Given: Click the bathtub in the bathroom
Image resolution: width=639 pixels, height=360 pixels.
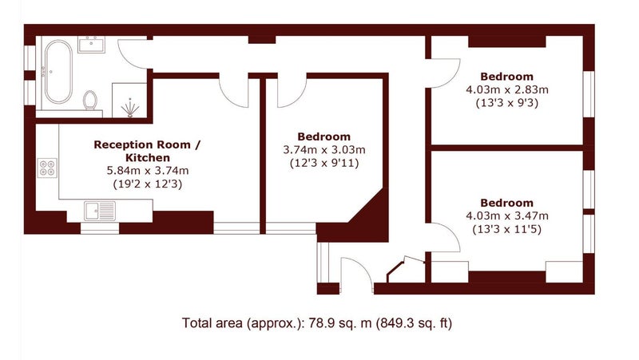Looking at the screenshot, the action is tap(58, 72).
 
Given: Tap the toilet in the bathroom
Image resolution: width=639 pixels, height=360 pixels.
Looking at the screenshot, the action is tap(90, 101).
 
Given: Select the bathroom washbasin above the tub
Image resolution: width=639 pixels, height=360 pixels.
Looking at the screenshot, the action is tap(92, 45).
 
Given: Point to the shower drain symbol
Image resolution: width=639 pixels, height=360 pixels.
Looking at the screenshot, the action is tap(130, 108).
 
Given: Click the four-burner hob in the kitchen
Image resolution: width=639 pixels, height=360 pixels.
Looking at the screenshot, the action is tap(47, 168).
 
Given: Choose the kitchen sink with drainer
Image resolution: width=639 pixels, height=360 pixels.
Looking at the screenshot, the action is tap(100, 211).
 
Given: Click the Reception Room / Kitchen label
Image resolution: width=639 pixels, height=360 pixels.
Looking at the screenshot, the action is tap(147, 151).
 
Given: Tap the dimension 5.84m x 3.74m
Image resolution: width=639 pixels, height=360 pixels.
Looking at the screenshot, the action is tap(148, 171).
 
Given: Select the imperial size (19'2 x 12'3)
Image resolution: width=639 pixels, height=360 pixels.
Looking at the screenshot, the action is tap(148, 184).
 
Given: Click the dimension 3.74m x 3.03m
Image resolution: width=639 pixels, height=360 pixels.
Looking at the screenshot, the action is tap(324, 150).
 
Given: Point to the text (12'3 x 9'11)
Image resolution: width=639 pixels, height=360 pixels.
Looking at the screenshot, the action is tap(324, 164).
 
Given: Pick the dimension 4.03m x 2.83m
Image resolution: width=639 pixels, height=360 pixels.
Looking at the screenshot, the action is tap(507, 89).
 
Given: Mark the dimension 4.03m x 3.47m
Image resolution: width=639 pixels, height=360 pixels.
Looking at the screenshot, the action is tap(507, 216).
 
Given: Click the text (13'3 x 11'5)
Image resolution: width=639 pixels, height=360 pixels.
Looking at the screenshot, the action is tap(507, 229).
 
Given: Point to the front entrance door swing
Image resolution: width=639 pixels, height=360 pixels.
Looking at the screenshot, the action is tap(364, 266).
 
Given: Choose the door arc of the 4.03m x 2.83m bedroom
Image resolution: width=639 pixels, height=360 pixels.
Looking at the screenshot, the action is tap(453, 79).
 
